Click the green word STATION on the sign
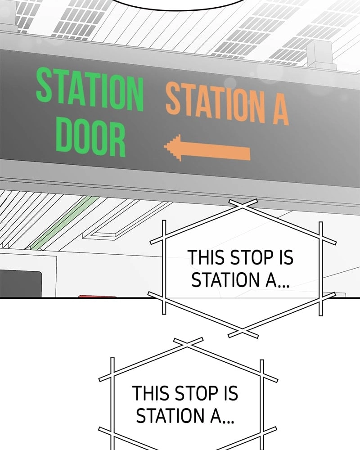tap(90, 89)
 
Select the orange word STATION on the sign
tap(215, 102)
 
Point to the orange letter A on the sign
tap(280, 109)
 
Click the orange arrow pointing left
tap(207, 148)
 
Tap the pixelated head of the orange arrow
tap(173, 147)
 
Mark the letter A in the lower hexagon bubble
tap(216, 416)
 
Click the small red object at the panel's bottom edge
tap(97, 297)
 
